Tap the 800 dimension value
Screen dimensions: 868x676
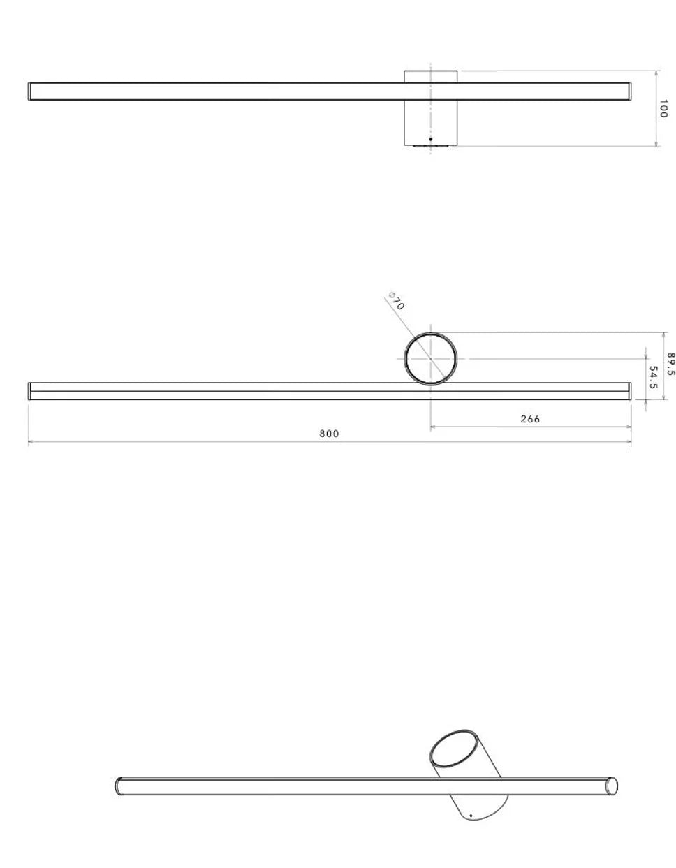(329, 434)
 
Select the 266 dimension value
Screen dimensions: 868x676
(530, 419)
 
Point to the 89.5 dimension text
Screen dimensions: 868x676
(671, 364)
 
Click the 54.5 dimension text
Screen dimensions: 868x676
(654, 377)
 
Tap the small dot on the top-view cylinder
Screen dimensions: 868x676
(431, 139)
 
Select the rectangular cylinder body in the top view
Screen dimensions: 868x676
(431, 115)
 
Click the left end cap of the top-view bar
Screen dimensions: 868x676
(30, 91)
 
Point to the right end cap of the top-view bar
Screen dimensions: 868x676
(629, 91)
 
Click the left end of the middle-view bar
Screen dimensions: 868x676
(30, 391)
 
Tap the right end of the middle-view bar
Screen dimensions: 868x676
(629, 391)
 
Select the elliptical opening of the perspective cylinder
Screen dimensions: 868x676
(454, 751)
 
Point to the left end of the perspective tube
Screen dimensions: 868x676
(118, 786)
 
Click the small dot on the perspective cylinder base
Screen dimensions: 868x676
(471, 815)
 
